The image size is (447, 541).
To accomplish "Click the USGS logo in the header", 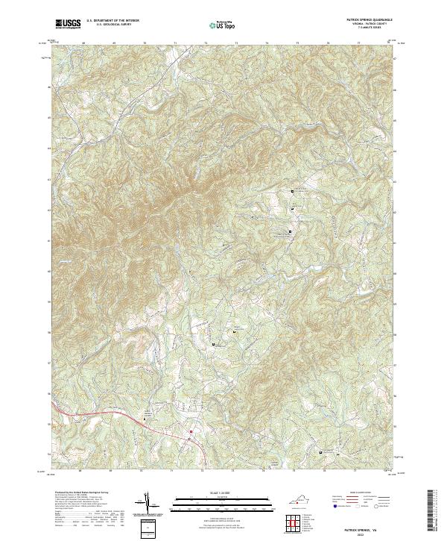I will tap(68, 23).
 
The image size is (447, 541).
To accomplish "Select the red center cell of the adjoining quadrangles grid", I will tap(296, 520).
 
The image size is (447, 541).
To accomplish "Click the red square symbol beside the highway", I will tap(191, 431).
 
